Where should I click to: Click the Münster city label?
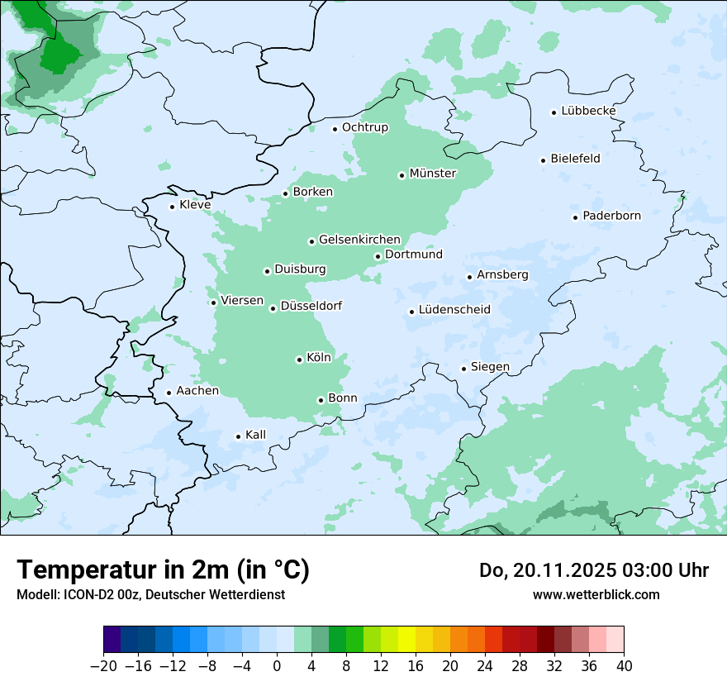(x=433, y=174)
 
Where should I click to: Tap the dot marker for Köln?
(x=299, y=360)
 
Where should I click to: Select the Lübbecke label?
(x=588, y=111)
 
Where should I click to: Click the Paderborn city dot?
(x=575, y=217)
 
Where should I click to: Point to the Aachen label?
(x=197, y=391)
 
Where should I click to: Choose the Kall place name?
(x=255, y=435)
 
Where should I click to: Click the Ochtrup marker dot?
(x=335, y=128)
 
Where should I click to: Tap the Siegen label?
(x=490, y=367)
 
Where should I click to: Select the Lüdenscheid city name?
(x=454, y=310)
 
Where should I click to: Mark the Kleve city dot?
(x=172, y=207)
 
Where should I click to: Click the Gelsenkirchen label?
(x=359, y=240)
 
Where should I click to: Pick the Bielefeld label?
(x=575, y=159)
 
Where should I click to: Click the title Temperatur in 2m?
(x=163, y=569)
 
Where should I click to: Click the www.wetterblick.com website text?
(x=596, y=594)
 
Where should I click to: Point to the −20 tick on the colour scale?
(x=103, y=666)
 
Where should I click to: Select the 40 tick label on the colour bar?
(x=624, y=666)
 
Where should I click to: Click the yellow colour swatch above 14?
(x=406, y=640)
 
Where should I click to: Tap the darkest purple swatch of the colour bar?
(x=112, y=640)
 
